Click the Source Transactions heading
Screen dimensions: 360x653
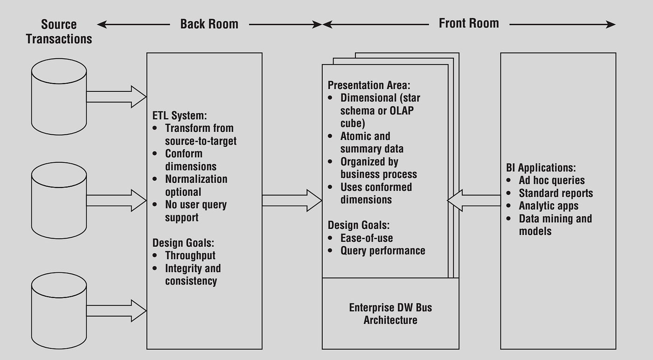(x=59, y=31)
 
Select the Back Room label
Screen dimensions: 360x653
(x=209, y=24)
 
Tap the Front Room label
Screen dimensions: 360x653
(x=468, y=23)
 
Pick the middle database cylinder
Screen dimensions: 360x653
(x=59, y=201)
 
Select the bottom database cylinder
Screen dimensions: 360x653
(x=59, y=310)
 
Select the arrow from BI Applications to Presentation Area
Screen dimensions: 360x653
(x=473, y=201)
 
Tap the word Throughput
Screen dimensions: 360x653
(x=190, y=255)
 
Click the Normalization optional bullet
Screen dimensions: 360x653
(x=196, y=185)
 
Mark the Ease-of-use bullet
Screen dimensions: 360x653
(x=366, y=238)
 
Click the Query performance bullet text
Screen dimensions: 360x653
(x=382, y=250)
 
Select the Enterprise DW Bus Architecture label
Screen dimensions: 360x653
(x=390, y=314)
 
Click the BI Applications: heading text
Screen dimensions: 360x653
(x=541, y=168)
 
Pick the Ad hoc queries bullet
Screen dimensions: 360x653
(x=551, y=180)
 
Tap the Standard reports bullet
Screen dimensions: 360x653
(x=556, y=193)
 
